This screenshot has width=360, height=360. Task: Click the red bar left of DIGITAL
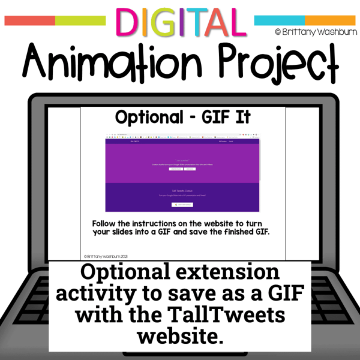29,20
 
